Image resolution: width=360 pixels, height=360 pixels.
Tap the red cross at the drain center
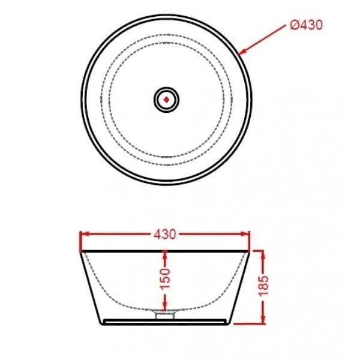coord(166,98)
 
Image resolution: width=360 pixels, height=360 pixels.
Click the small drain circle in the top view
coord(166,98)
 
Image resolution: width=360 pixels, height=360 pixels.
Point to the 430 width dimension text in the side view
coord(166,235)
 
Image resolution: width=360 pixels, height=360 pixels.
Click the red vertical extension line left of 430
coord(80,239)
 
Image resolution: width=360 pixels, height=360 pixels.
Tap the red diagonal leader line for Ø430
coord(264,40)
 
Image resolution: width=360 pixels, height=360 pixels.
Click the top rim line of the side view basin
coord(166,250)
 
